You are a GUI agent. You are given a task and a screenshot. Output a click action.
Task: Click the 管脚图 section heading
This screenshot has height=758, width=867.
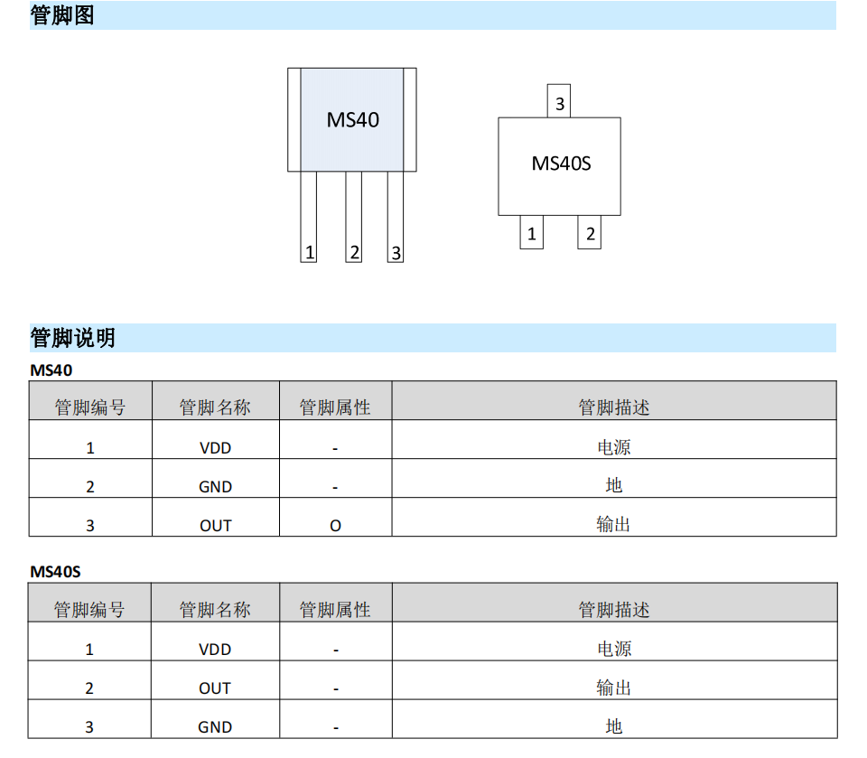[x=62, y=15]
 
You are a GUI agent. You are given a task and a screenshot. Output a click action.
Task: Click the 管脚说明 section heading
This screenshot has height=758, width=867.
[x=72, y=338]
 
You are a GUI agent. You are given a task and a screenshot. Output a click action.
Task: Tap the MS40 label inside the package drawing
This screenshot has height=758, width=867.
[x=353, y=119]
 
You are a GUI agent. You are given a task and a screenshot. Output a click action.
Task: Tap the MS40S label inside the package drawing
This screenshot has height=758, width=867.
[x=561, y=164]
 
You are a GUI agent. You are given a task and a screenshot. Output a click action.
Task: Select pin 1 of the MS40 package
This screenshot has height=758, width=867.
[x=309, y=217]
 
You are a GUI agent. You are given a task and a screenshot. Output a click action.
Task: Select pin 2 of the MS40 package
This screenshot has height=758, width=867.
[x=354, y=217]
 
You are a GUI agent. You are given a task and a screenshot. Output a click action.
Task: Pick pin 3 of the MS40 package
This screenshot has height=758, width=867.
[x=396, y=217]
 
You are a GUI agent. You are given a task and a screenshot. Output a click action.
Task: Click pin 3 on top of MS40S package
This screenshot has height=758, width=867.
[x=559, y=100]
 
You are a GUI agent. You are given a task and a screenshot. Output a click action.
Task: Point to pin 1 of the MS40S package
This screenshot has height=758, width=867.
[x=531, y=232]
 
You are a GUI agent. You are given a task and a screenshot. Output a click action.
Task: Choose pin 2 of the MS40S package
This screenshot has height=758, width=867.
[x=590, y=232]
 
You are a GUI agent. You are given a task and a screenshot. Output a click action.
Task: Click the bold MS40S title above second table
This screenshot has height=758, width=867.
[x=55, y=572]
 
